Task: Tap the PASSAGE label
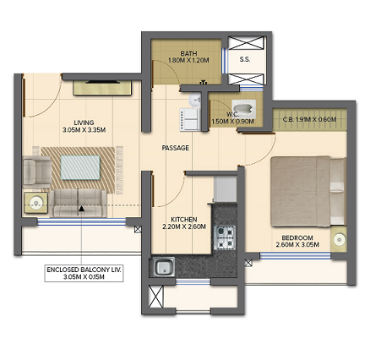point(175,148)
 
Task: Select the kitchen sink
point(163,270)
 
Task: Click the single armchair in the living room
point(35,172)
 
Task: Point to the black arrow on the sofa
point(81,207)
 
